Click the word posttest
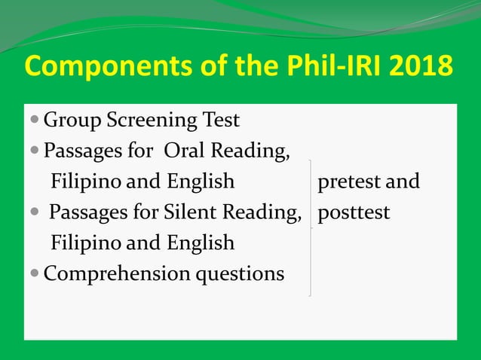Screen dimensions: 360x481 coord(354,213)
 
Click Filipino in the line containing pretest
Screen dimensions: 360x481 coord(81,182)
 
